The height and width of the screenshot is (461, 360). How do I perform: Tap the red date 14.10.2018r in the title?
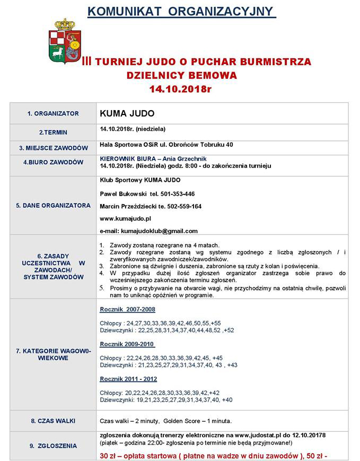(180, 89)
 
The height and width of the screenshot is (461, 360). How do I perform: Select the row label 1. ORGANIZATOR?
(53, 113)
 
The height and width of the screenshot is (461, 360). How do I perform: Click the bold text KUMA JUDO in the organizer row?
(127, 113)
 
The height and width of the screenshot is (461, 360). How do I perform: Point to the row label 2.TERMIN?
(53, 132)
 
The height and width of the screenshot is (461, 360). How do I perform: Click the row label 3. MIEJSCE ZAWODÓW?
(53, 148)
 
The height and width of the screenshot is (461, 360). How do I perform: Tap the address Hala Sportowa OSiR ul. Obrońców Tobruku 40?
(166, 145)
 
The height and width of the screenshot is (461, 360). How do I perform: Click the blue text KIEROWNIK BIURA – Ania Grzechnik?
(153, 159)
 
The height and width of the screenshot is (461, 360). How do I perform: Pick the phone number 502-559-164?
(183, 206)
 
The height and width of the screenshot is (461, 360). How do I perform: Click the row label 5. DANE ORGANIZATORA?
(53, 205)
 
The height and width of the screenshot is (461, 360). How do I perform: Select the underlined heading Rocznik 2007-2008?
(127, 309)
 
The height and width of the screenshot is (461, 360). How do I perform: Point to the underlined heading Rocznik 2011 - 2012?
(128, 379)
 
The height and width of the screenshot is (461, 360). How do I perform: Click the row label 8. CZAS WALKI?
(53, 421)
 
